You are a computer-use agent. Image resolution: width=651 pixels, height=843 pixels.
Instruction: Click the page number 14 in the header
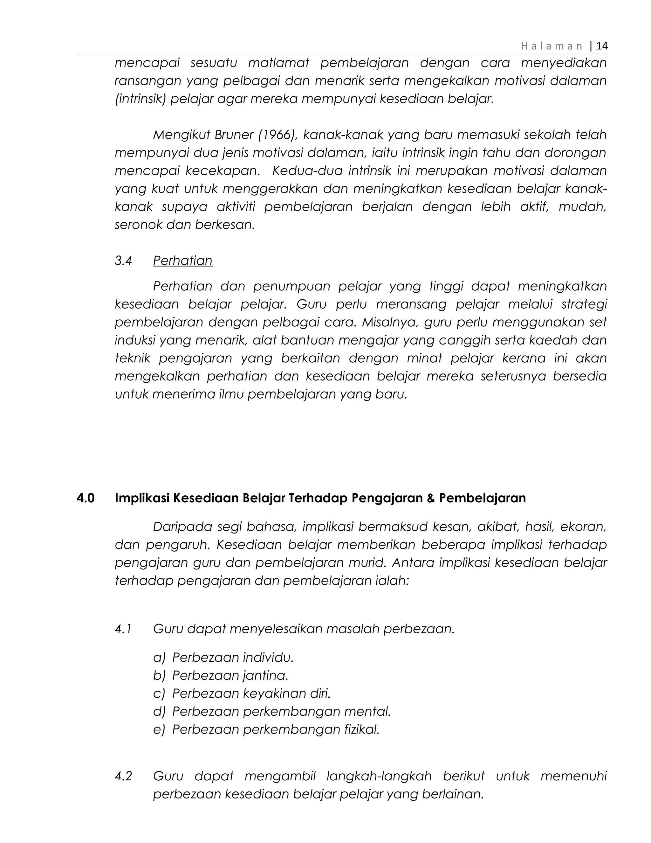tap(602, 46)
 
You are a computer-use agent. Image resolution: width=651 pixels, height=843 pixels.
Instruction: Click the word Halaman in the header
tap(552, 46)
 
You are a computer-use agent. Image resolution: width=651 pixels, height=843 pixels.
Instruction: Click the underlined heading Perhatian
tap(182, 261)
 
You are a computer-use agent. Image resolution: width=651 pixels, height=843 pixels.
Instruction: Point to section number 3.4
tap(123, 261)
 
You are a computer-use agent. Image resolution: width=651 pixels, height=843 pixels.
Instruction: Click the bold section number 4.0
tap(85, 498)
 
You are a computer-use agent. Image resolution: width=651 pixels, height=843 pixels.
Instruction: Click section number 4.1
tap(123, 629)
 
